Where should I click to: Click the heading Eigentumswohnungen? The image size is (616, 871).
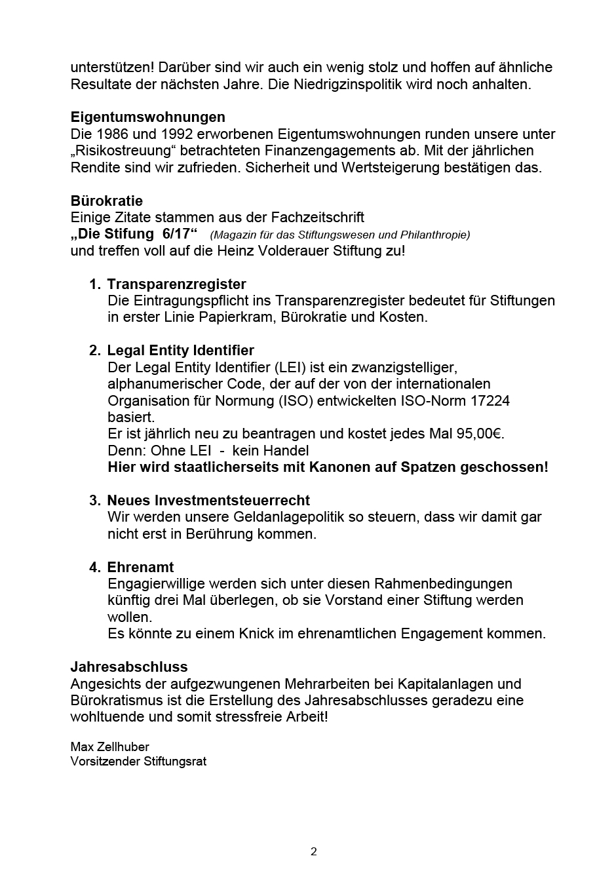(x=147, y=117)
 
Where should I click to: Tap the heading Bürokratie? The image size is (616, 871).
(x=106, y=201)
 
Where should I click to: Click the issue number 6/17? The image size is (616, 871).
(x=175, y=235)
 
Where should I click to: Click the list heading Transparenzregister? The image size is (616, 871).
(x=176, y=284)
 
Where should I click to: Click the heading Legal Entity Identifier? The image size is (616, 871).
(x=180, y=351)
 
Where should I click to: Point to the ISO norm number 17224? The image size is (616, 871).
(x=486, y=400)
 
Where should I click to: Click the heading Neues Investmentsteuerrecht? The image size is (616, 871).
(x=208, y=501)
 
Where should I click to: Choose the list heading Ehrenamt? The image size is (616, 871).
(x=140, y=568)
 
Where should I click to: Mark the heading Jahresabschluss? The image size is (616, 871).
(x=128, y=667)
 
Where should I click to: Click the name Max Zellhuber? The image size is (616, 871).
(x=109, y=747)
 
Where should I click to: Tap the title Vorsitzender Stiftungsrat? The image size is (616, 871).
(x=138, y=762)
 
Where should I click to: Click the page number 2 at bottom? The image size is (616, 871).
(x=313, y=852)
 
